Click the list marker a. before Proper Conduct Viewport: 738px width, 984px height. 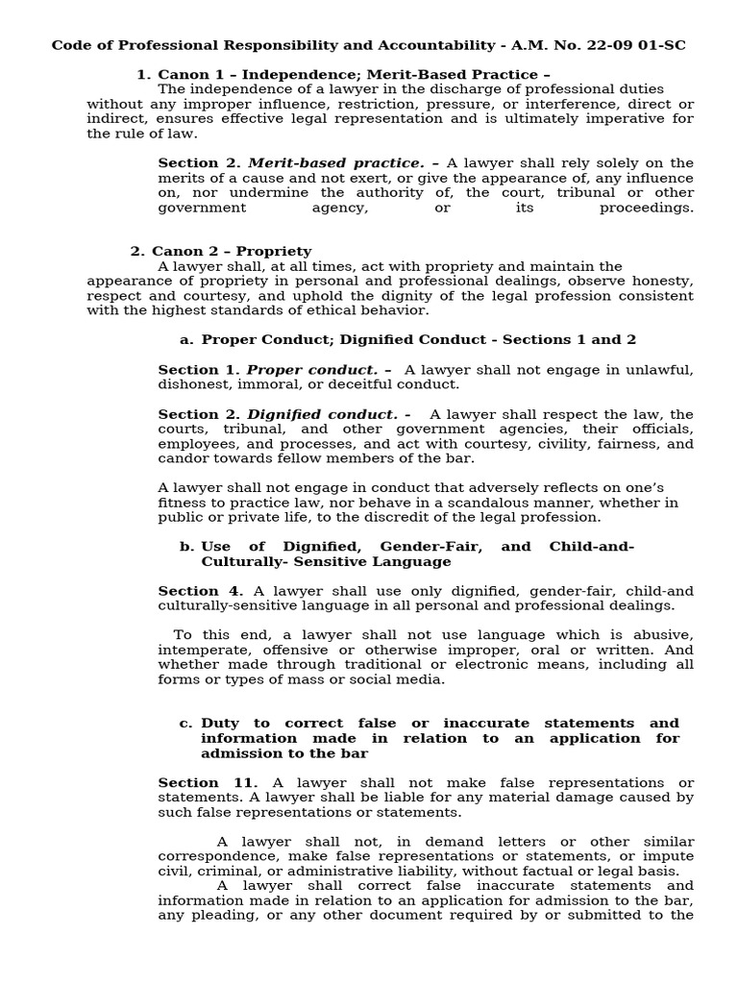[x=186, y=340]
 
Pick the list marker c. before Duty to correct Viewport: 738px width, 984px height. [x=186, y=724]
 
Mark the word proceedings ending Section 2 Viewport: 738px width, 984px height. [x=646, y=208]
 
